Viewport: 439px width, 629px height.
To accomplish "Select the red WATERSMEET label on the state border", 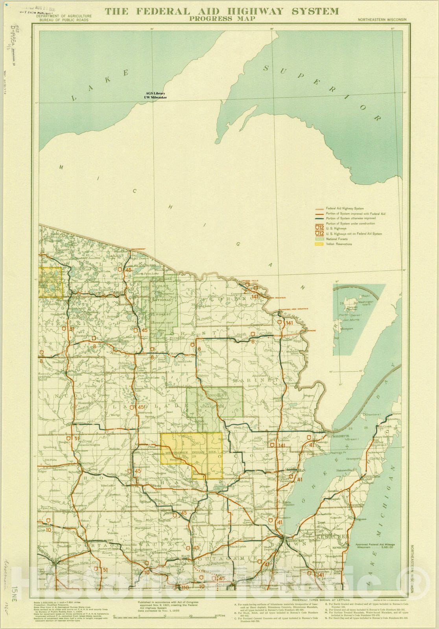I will (x=138, y=249).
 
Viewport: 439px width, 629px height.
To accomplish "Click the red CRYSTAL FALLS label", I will (x=251, y=281).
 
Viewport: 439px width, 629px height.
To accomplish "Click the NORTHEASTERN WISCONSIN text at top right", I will (x=382, y=19).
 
